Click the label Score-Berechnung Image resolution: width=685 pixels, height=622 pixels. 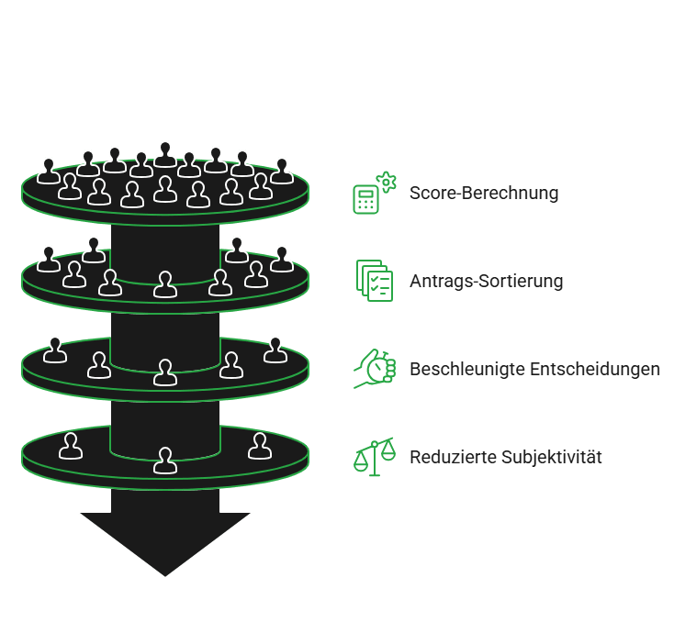coord(484,194)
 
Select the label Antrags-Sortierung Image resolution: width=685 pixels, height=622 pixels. coord(487,282)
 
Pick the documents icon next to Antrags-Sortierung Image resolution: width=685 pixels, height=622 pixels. coord(374,281)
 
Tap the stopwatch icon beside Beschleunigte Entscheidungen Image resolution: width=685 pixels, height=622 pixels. coord(374,368)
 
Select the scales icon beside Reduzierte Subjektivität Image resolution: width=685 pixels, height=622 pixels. coord(374,456)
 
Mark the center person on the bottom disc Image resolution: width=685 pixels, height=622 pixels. coord(165,461)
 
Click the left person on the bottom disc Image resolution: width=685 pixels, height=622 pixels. coord(71,446)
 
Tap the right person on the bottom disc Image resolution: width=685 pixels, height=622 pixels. coord(261,446)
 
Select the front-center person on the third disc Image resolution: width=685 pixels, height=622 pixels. coord(165,372)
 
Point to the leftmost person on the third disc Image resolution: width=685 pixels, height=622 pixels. coord(55,350)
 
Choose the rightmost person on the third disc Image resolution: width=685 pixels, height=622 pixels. coord(275,350)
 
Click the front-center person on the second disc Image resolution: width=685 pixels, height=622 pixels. coord(165,285)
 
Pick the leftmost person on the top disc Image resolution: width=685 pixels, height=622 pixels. coord(49,171)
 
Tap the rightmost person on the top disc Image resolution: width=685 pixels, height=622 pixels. coord(282,171)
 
